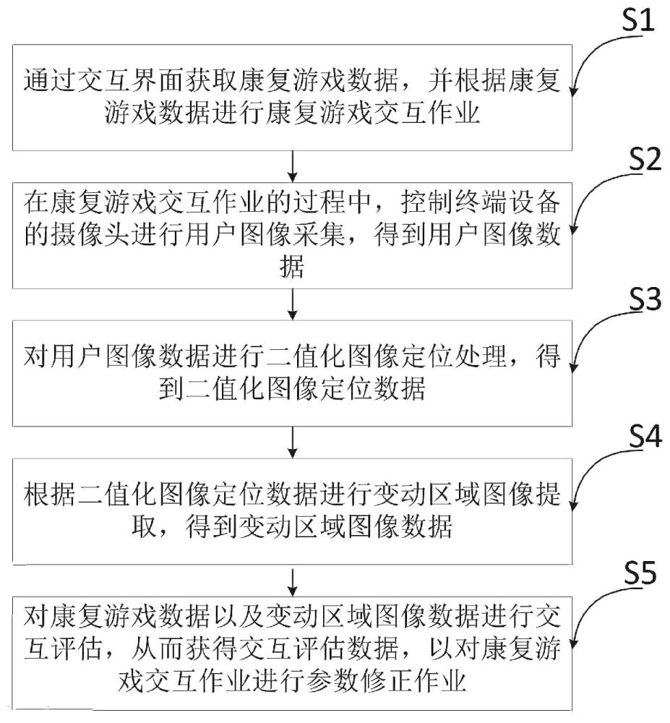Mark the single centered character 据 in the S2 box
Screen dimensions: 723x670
pyautogui.click(x=291, y=269)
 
